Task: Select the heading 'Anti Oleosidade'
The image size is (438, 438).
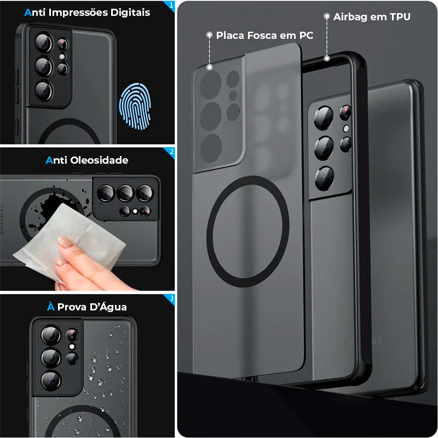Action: pos(87,160)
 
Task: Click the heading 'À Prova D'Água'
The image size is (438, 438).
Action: pos(87,307)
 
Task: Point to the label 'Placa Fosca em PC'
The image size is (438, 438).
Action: pos(264,36)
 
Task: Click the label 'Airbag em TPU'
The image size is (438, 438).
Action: pos(372,17)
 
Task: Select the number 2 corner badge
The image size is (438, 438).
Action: pos(171,152)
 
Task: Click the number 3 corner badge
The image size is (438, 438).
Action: pos(171,298)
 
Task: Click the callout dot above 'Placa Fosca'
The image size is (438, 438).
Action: pos(209,34)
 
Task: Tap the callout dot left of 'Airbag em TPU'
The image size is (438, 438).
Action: pos(327,17)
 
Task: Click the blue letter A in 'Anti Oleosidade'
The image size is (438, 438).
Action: pos(49,160)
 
